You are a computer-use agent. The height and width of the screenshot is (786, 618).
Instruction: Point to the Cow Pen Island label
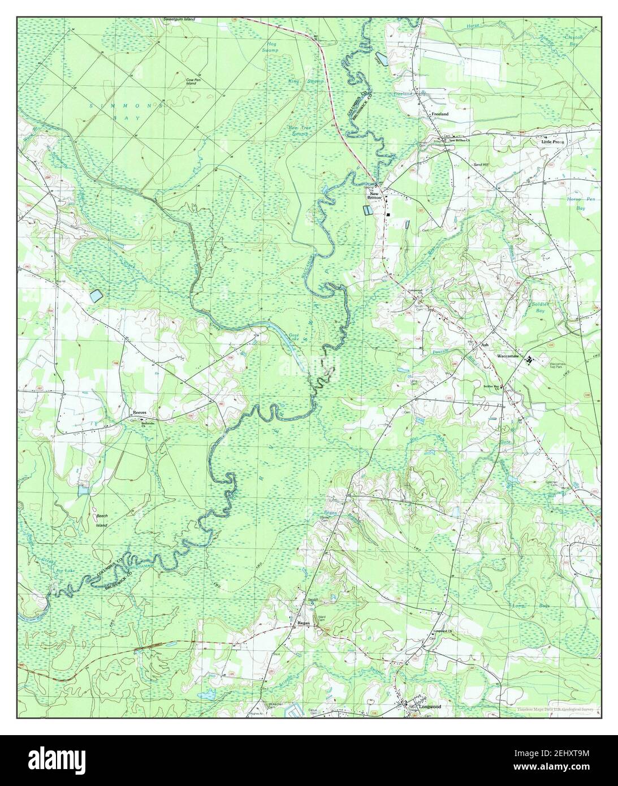[193, 82]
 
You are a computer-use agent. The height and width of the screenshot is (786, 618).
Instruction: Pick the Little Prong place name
[552, 142]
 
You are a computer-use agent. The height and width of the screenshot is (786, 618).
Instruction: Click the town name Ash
[484, 344]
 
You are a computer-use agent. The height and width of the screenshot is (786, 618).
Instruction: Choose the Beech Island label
[101, 520]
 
